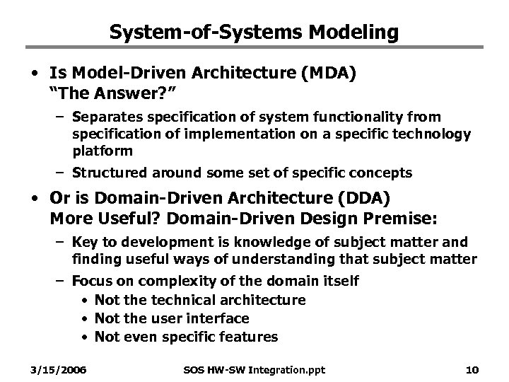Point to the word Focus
coord(89,281)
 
